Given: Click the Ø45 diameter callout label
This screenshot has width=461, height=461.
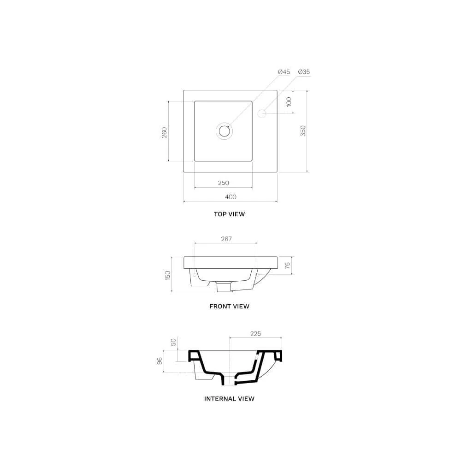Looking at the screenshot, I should point(284,72).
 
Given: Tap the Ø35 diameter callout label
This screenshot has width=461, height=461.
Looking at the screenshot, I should point(304,72).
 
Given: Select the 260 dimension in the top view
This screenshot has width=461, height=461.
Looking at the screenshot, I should point(164,132).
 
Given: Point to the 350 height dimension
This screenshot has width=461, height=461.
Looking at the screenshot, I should point(303,131).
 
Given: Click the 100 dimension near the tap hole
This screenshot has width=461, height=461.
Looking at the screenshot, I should point(289,102).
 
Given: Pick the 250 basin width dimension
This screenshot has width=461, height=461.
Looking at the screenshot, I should point(223,183).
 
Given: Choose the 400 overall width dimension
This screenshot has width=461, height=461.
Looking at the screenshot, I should point(230,197).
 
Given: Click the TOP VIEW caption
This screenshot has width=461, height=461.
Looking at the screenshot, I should point(229,214).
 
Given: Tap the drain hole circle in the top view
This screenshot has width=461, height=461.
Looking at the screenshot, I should point(225,131).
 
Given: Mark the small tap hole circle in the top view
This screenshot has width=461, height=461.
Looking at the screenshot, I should point(262,112).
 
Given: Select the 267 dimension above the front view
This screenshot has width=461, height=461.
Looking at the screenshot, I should point(226,239).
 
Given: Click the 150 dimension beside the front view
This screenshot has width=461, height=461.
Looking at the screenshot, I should point(168,275).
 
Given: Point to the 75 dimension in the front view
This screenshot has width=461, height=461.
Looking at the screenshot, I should point(287,266).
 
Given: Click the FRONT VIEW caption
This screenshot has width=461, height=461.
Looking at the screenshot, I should point(229,306).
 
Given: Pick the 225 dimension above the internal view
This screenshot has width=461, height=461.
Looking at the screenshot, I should point(255,334).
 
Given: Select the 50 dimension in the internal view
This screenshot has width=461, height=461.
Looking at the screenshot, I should point(173,342).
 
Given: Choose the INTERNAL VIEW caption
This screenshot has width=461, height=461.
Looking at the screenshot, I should point(229,398).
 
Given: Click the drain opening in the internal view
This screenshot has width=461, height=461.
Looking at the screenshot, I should point(229,379).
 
